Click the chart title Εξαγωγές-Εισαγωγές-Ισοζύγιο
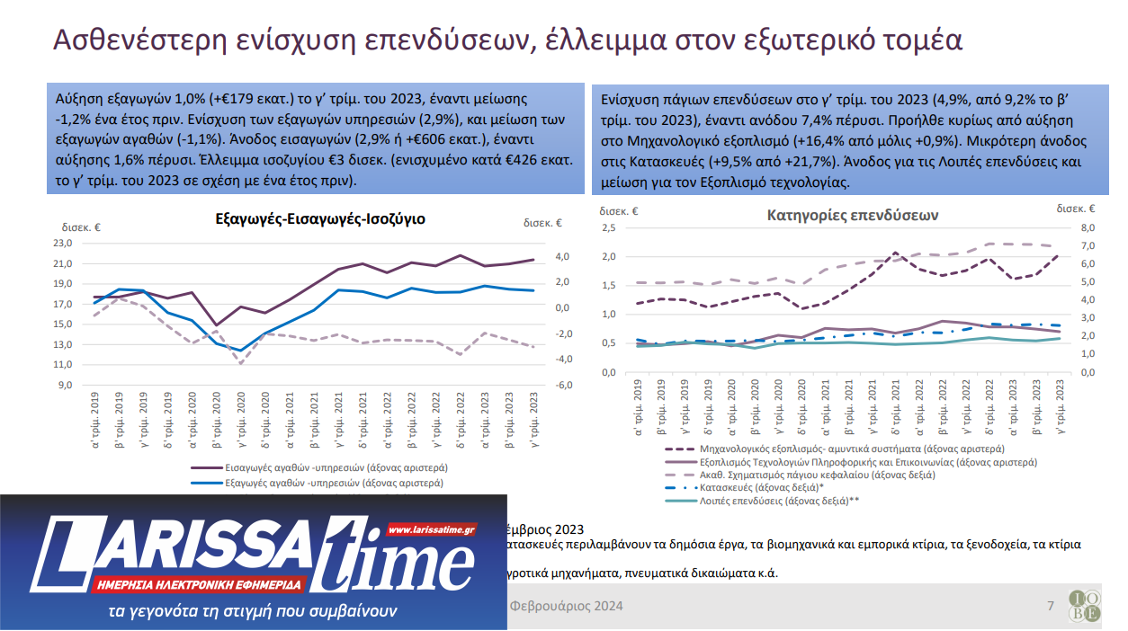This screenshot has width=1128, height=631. (x=320, y=218)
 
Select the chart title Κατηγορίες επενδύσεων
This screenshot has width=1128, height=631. (x=853, y=216)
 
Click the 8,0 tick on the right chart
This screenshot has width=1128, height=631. (x=1088, y=228)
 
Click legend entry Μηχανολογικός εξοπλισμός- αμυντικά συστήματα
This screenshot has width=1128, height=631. (x=851, y=448)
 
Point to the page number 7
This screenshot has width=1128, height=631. (x=1050, y=606)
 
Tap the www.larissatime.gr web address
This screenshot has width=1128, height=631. (x=431, y=529)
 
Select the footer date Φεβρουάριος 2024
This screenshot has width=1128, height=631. (x=566, y=606)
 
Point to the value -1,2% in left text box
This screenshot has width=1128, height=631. (x=75, y=120)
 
